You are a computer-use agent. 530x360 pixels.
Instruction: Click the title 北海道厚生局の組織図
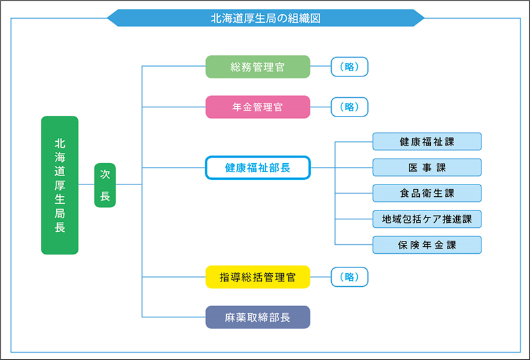click(265, 18)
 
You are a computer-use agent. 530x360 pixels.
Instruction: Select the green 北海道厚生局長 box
click(60, 185)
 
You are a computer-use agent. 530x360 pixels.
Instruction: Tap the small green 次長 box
click(105, 185)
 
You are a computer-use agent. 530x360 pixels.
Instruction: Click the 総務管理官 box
click(257, 67)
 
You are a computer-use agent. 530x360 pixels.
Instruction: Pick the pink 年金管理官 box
click(257, 107)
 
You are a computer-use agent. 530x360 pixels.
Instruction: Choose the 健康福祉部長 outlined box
click(257, 168)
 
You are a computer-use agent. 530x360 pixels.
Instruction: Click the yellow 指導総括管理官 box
click(257, 277)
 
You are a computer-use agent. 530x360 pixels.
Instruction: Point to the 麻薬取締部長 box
click(257, 317)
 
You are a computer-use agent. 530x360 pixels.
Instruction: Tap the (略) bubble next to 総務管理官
click(349, 67)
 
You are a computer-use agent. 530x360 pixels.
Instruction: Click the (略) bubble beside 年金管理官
click(349, 107)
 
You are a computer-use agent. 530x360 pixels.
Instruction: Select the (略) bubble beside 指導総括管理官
click(349, 277)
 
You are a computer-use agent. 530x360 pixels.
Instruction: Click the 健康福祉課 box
click(427, 142)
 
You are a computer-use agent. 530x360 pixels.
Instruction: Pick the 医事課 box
click(427, 168)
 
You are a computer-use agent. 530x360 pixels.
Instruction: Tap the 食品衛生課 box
click(427, 194)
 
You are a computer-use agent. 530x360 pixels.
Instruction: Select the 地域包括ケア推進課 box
click(427, 219)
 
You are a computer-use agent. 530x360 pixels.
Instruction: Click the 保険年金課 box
click(427, 245)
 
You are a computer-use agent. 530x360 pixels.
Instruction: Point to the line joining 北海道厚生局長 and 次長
click(86, 185)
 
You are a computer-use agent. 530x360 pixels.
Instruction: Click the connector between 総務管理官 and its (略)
click(321, 67)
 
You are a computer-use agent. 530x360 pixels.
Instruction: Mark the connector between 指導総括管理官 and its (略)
click(321, 277)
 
